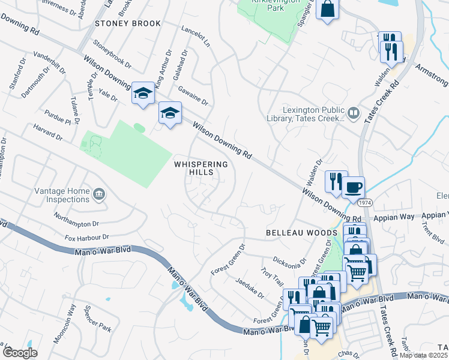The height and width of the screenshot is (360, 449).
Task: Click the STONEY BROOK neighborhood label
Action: coord(128,23)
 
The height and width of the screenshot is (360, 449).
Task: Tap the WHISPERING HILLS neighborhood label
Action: coord(201,168)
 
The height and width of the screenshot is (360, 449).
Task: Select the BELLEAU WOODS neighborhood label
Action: coord(294,232)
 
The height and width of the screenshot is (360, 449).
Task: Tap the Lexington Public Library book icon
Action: coord(354,113)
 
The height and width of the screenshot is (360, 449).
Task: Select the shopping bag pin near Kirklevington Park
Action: coord(327,10)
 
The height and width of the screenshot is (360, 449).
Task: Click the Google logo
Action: coord(20,353)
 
